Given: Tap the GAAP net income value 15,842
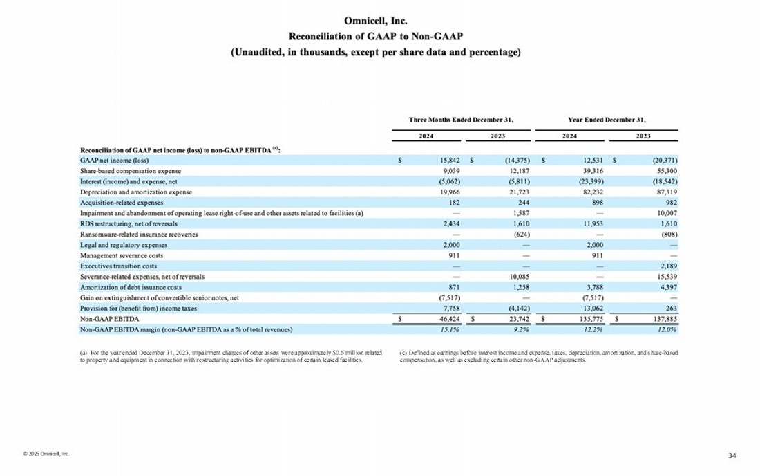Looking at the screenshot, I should click(440, 160).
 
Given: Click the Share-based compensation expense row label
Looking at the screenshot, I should click(131, 170).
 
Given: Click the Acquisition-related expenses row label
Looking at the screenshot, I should click(122, 202).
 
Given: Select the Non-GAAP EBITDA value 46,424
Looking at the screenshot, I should click(440, 319).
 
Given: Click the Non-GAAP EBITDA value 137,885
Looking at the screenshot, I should click(664, 319).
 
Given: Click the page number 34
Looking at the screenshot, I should click(732, 455).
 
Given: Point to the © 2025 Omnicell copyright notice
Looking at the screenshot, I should click(46, 454).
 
